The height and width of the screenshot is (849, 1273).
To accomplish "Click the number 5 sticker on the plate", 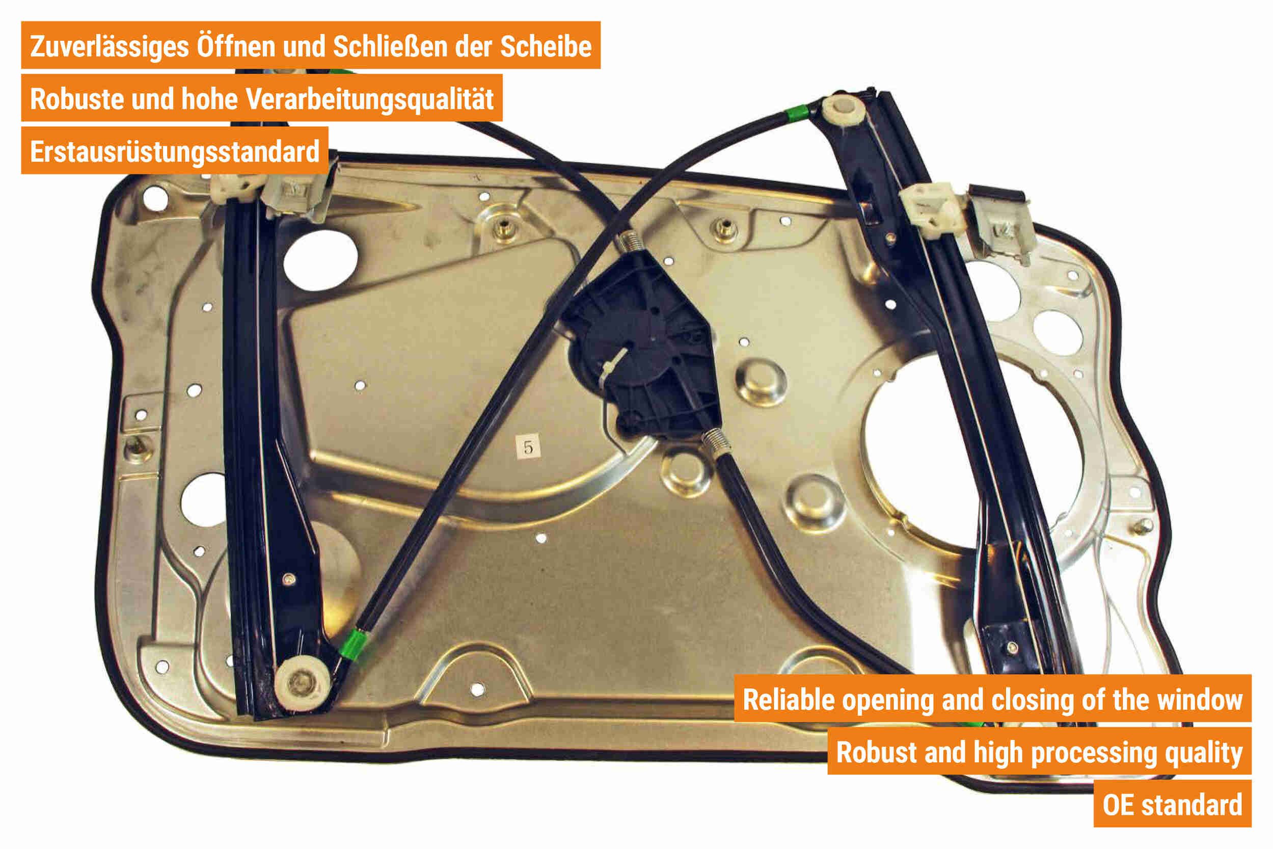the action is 528,447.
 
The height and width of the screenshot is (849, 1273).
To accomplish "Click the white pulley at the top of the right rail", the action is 843,111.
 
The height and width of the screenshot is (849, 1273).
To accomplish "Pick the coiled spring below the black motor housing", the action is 718,441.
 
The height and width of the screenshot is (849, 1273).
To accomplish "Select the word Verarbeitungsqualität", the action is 370,99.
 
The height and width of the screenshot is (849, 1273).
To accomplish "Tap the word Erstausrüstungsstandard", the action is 175,152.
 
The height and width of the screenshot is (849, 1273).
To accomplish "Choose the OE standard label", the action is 1172,805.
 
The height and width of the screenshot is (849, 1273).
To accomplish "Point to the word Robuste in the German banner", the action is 77,99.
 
